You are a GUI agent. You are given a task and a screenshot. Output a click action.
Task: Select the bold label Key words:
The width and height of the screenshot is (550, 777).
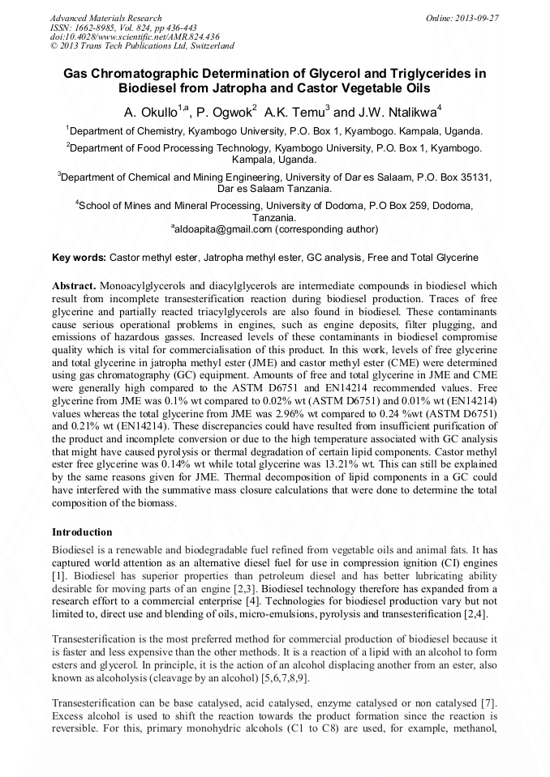pyautogui.click(x=79, y=258)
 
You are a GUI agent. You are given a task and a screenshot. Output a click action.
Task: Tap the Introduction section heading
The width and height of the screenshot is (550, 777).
pyautogui.click(x=82, y=532)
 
